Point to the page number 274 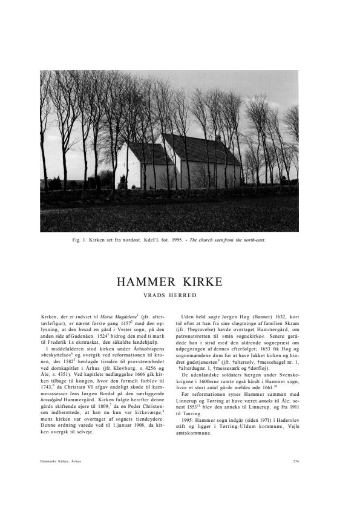[x=295, y=461]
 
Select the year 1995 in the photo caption [x=172, y=240]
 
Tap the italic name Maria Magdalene [x=117, y=317]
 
